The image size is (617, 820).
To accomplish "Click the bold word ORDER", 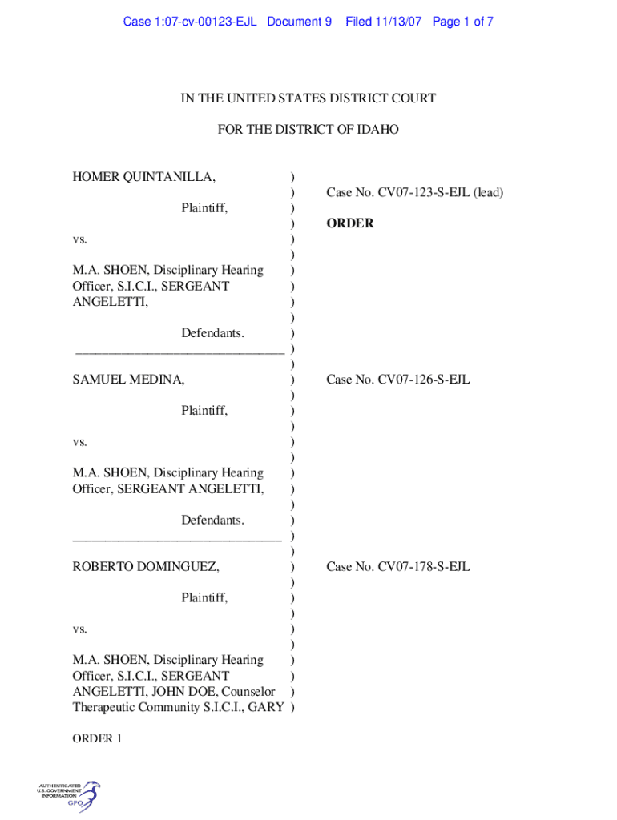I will [349, 223].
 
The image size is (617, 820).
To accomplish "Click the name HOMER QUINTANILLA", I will [143, 176].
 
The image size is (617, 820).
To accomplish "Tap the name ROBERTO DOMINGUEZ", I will [146, 567].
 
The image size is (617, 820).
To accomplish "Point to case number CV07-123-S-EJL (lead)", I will [414, 192].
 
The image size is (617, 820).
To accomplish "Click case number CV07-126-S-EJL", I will [397, 380].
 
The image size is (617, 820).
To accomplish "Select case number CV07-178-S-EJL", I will [397, 567].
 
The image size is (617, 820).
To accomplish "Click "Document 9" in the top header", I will [299, 22].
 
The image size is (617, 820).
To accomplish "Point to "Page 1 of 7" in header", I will [463, 22].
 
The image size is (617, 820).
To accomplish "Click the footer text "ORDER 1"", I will [97, 739].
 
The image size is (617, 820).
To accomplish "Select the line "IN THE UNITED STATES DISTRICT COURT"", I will [308, 98].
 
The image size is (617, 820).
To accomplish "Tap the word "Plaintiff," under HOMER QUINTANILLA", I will [204, 208].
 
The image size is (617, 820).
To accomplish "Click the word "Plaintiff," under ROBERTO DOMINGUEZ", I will [204, 598].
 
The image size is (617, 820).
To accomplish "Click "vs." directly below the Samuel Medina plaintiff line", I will [80, 442].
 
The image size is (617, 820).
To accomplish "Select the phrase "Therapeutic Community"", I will [137, 707].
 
